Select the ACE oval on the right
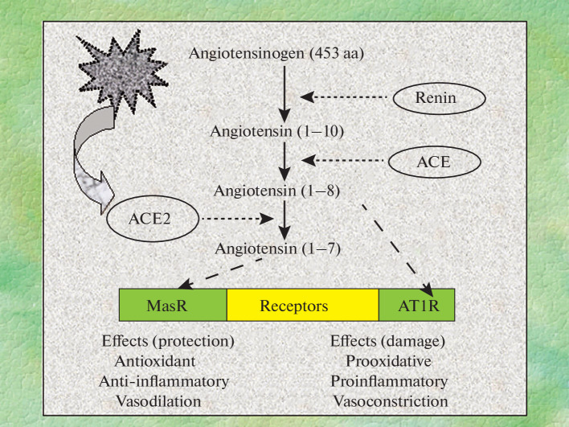point(434,162)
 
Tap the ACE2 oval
point(152,217)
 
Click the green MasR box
point(173,306)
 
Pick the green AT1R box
point(416,306)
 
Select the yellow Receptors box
point(302,306)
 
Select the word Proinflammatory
point(390,380)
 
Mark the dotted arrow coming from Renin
point(346,97)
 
